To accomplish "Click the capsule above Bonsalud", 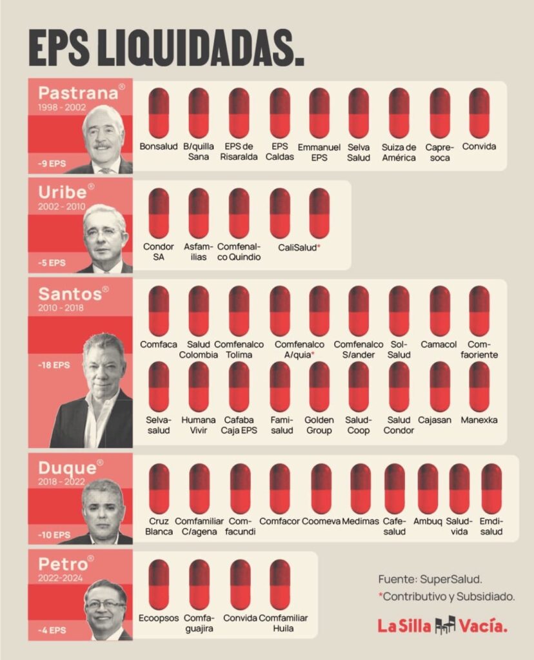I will (x=159, y=113).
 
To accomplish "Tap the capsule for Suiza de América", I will (x=399, y=113).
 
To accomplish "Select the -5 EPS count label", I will (x=52, y=262).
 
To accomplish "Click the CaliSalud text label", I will (x=299, y=247).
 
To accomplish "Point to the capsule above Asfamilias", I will (x=199, y=213).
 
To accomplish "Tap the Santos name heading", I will (x=70, y=294).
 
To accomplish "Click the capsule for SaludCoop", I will (x=359, y=387).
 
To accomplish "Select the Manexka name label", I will (x=479, y=420).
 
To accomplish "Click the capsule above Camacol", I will (x=440, y=311).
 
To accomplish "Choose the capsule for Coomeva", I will (x=321, y=489).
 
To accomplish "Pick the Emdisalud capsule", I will (x=491, y=489).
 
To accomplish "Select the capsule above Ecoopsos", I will (x=159, y=584).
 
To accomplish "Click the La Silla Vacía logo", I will (x=442, y=625).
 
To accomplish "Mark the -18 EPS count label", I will (x=54, y=365).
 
